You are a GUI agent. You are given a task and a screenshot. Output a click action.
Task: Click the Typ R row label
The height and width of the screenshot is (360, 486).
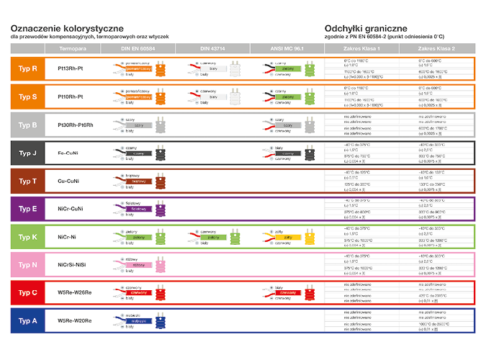(29, 69)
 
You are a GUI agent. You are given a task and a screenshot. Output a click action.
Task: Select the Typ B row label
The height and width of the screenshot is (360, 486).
(29, 125)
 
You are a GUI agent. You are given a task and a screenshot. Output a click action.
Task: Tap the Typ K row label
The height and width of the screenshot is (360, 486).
(29, 236)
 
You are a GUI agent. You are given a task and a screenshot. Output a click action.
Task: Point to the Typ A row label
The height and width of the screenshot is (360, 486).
(29, 320)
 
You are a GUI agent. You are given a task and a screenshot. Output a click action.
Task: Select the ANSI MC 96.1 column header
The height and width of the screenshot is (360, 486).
(287, 48)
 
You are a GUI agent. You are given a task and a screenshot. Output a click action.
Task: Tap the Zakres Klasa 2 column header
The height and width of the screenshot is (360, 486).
(436, 48)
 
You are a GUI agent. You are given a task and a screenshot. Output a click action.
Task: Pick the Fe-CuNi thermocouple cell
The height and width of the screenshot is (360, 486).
(71, 153)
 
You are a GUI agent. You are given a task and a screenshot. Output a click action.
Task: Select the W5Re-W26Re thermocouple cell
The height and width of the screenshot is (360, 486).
(75, 292)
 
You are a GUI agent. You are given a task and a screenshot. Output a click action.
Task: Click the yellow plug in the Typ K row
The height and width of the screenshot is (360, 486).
(311, 236)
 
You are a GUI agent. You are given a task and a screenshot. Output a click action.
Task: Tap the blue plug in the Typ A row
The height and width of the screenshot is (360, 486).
(162, 320)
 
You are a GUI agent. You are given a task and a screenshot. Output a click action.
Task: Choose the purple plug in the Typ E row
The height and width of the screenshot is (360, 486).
(162, 209)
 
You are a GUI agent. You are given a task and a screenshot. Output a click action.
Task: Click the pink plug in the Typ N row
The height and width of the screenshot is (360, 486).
(162, 264)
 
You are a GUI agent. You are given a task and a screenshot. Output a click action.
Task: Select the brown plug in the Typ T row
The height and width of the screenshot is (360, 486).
(162, 181)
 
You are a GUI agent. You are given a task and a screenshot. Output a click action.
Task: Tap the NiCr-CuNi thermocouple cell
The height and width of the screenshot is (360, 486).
(71, 209)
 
